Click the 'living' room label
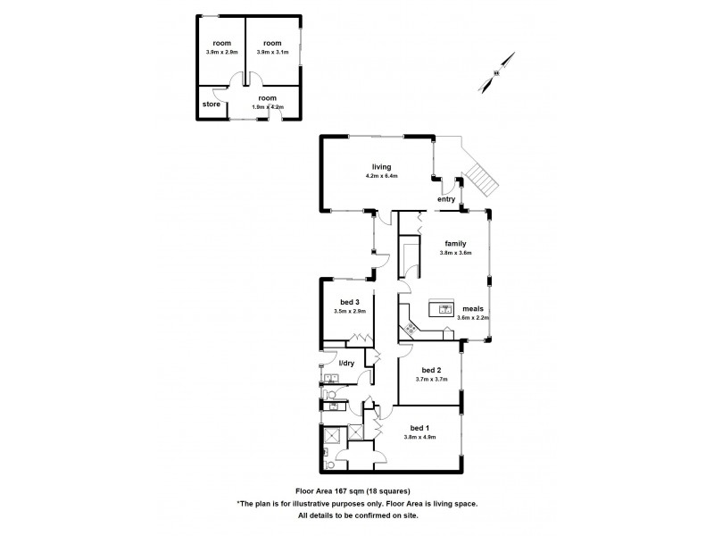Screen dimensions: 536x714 pyautogui.click(x=382, y=166)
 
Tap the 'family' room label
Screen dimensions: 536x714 pyautogui.click(x=455, y=242)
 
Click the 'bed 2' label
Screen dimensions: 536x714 pyautogui.click(x=431, y=370)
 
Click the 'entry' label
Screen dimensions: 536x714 pyautogui.click(x=445, y=199)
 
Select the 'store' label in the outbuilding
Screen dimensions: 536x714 pyautogui.click(x=211, y=105)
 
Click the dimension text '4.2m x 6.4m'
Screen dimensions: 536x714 pyautogui.click(x=382, y=176)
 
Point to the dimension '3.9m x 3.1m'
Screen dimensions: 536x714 pyautogui.click(x=272, y=53)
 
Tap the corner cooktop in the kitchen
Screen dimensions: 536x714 pyautogui.click(x=410, y=329)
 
